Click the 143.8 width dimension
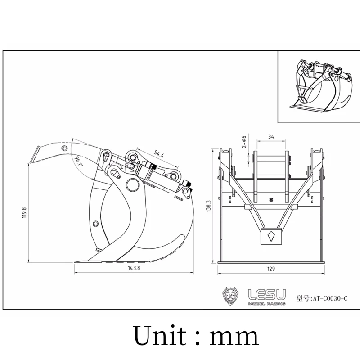click(x=134, y=268)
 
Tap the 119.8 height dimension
click(x=24, y=213)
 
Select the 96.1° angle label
click(x=79, y=162)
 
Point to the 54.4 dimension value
click(x=159, y=153)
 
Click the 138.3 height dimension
click(x=208, y=206)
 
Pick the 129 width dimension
click(x=271, y=269)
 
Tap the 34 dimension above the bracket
click(x=271, y=137)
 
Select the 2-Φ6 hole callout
click(x=244, y=141)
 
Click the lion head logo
click(x=230, y=296)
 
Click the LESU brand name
click(x=267, y=295)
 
